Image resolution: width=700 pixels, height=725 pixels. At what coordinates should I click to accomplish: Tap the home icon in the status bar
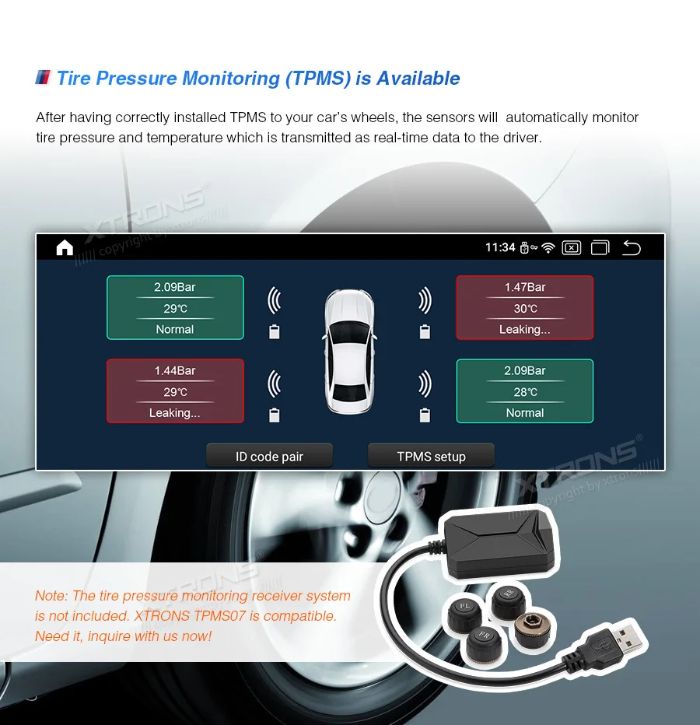(x=65, y=247)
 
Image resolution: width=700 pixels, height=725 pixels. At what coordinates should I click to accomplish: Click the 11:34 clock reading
(x=500, y=247)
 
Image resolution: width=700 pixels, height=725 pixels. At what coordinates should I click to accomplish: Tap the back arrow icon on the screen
(x=632, y=248)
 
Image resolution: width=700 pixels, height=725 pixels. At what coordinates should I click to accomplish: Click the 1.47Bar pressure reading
(x=525, y=287)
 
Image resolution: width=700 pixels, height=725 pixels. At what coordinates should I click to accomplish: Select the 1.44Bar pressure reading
(x=175, y=370)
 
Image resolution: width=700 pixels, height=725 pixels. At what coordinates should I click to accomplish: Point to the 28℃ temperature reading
(x=525, y=392)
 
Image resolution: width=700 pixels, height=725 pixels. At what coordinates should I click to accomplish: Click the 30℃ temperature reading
(x=525, y=309)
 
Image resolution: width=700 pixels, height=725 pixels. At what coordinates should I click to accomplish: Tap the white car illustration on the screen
(x=349, y=350)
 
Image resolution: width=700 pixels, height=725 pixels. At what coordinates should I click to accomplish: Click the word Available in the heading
(x=418, y=79)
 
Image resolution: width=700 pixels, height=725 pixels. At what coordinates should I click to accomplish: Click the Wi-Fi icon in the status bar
(x=548, y=248)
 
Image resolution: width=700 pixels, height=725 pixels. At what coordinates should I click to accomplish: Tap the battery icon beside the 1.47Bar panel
(x=425, y=332)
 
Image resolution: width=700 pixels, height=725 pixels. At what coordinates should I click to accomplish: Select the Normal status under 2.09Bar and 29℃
(x=175, y=329)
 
